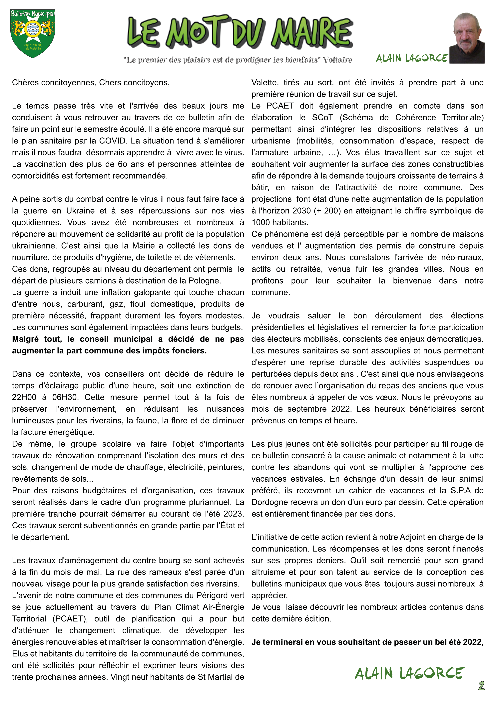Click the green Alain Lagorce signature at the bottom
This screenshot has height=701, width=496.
[x=409, y=673]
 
